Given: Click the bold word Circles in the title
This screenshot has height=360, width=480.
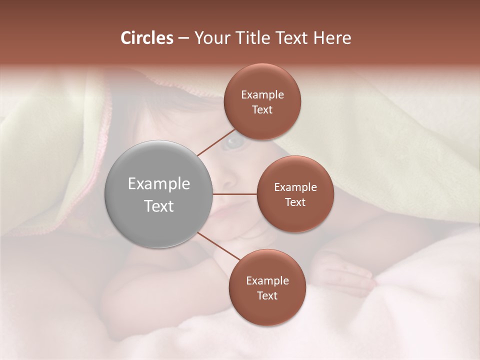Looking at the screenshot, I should click(146, 38).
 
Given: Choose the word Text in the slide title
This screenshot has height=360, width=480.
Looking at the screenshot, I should click(293, 38).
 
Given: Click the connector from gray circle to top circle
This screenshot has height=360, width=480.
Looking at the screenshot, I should click(216, 142).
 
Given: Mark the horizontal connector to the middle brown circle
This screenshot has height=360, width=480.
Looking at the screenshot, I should click(234, 194).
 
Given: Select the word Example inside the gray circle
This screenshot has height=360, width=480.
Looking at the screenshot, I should click(158, 184).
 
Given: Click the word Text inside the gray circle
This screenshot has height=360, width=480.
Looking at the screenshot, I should click(158, 206).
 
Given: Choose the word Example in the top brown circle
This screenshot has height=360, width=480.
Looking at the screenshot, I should click(262, 95).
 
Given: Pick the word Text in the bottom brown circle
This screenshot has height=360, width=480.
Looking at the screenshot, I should click(267, 296).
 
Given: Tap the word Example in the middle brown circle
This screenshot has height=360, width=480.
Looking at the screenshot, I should click(295, 187).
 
